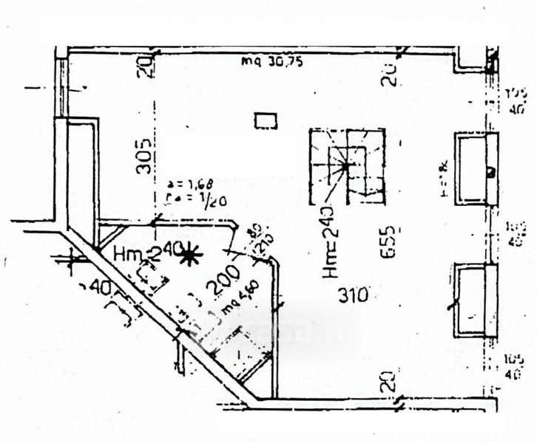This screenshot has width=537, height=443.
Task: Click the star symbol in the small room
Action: tap(192, 256)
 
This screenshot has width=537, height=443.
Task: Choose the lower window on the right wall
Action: tap(474, 301)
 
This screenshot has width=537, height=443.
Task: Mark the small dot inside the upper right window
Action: tap(490, 172)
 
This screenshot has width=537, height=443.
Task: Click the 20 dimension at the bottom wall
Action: tap(389, 382)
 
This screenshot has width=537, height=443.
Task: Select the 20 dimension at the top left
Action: tap(146, 66)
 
